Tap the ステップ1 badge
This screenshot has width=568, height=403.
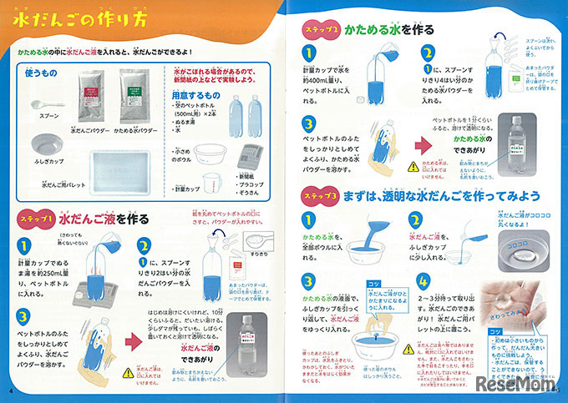tap(33, 219)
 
